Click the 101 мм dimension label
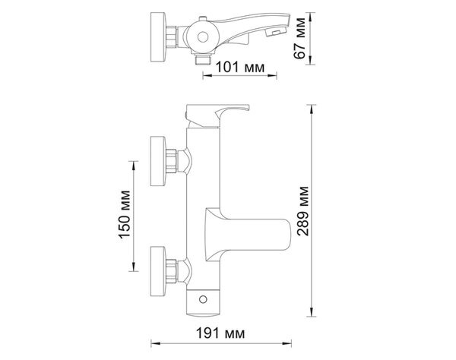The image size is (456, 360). pos(240,68)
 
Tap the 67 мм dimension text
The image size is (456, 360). pos(300,38)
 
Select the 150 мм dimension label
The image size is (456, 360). pos(125,214)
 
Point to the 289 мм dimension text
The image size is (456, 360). pos(303,211)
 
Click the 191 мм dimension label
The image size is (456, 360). pos(220,333)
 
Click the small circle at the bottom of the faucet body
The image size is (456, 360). pos(203,299)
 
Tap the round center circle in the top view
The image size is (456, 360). pos(203,37)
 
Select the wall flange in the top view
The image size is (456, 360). pos(158,37)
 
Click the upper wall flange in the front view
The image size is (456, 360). pos(158,161)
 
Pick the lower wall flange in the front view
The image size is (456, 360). pos(158,271)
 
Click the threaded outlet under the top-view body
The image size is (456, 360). pos(203,59)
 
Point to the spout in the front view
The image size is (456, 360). pos(248,234)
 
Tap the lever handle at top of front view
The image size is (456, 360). pos(217,115)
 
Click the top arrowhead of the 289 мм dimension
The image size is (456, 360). pos(312,109)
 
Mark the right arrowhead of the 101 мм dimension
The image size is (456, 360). pos(272,76)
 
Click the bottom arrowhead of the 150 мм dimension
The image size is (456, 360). pos(134,267)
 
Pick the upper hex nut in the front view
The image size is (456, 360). pos(171,161)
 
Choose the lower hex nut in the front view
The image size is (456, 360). pos(171,271)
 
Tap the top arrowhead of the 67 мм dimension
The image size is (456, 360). pos(311,17)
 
